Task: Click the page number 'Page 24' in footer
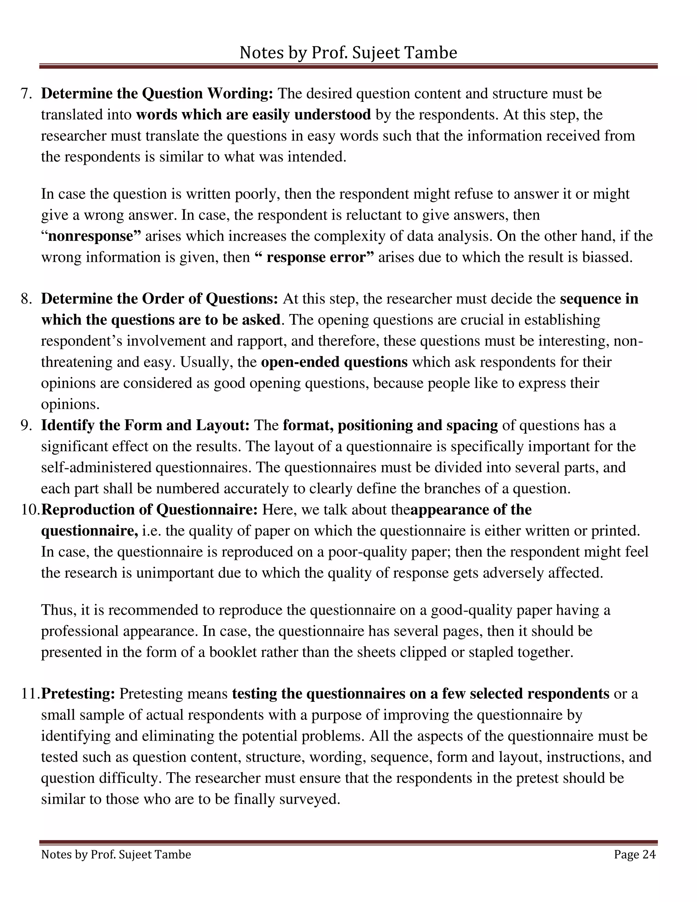click(634, 854)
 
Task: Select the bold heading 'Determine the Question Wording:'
click(157, 94)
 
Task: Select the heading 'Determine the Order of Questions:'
click(159, 299)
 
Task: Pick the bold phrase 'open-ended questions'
click(335, 362)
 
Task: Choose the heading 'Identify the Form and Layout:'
click(145, 425)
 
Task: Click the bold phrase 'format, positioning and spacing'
click(390, 425)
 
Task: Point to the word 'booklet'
click(233, 652)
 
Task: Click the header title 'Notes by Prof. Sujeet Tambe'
click(348, 53)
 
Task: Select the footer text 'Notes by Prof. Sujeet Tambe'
click(116, 854)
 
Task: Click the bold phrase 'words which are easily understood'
click(253, 115)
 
